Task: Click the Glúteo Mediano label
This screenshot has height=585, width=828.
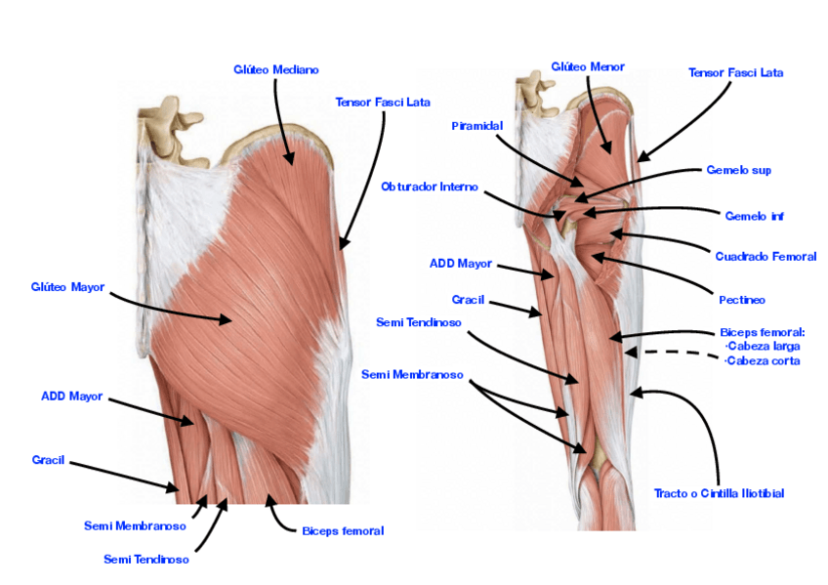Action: click(x=275, y=70)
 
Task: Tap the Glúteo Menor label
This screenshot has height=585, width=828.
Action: click(x=588, y=67)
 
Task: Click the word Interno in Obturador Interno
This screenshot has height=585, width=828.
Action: click(x=458, y=187)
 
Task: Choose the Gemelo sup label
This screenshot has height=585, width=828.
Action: click(x=738, y=170)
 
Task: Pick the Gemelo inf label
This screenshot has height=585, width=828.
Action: click(x=754, y=216)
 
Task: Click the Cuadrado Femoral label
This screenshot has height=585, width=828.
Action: click(x=765, y=257)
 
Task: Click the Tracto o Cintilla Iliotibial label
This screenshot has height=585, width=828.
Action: click(x=719, y=493)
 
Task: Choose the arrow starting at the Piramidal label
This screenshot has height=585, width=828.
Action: click(x=537, y=158)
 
